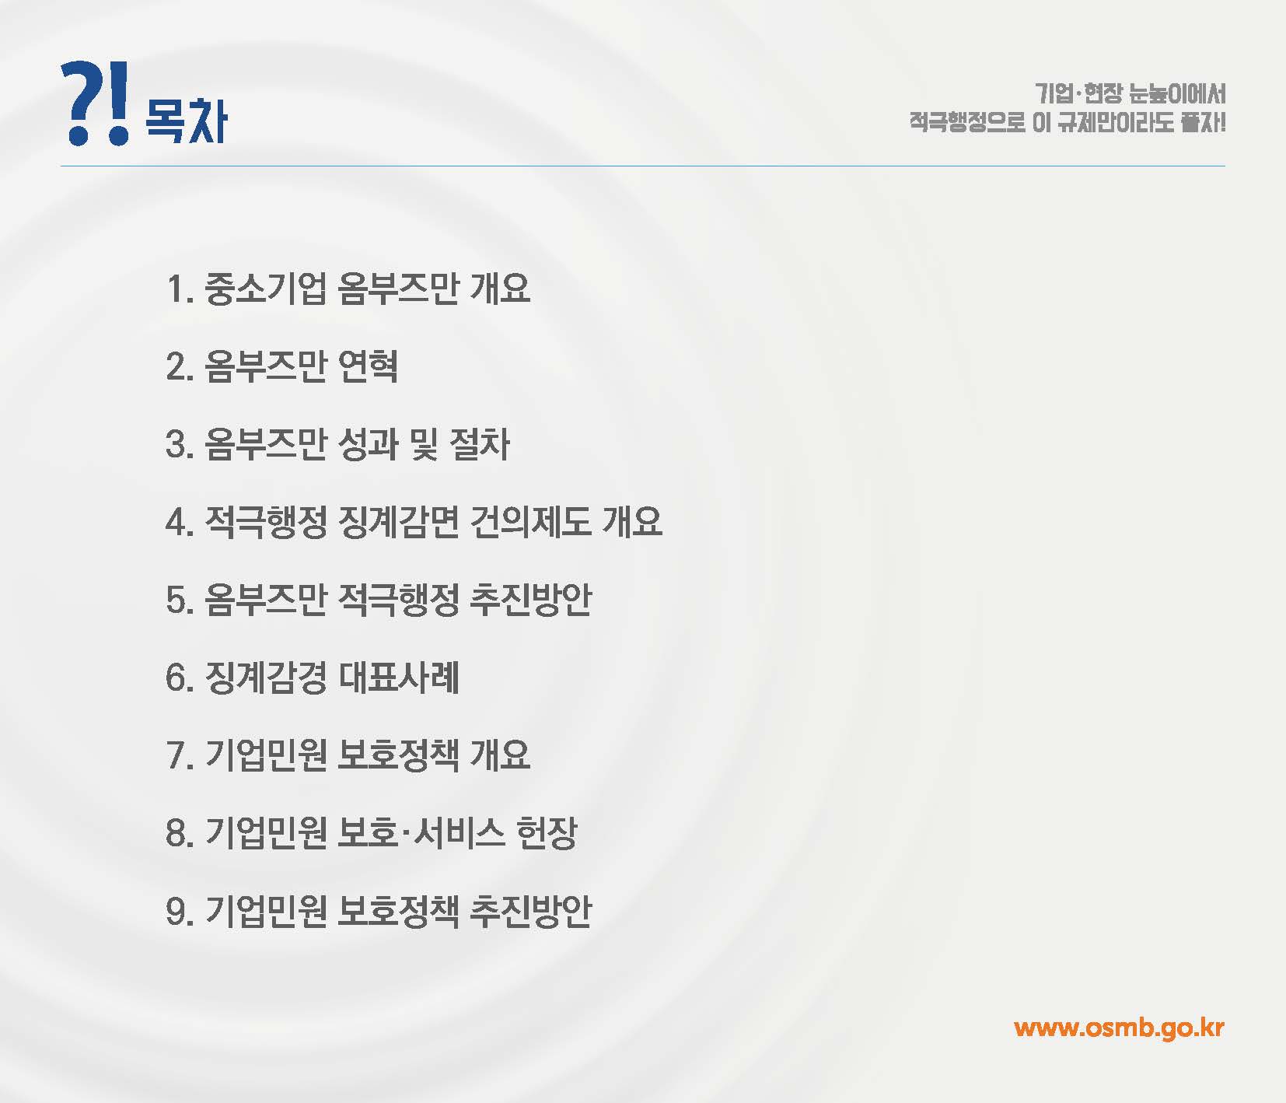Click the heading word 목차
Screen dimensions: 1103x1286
point(187,122)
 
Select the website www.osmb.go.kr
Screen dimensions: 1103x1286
point(1119,1028)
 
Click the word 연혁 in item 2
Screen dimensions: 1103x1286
point(369,366)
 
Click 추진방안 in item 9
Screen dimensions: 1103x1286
point(531,911)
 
